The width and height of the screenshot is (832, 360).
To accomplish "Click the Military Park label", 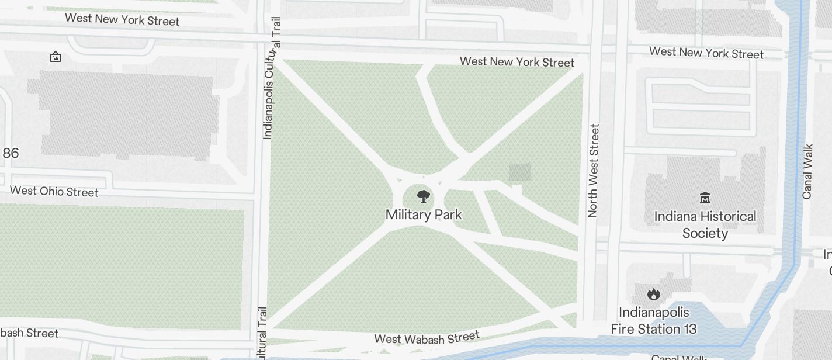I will (424, 215).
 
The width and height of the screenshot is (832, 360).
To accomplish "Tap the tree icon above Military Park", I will (424, 196).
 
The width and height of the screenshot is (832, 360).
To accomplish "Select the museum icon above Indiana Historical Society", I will (705, 198).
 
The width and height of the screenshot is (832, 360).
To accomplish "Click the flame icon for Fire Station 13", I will (653, 293).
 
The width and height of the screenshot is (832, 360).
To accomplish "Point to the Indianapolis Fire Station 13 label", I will (654, 321).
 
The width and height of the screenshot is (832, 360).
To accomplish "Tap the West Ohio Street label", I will (54, 191).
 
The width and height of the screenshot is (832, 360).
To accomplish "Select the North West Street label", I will (594, 171).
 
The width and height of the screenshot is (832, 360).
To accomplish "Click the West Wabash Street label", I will (427, 338).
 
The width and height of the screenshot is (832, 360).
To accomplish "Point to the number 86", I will (11, 153).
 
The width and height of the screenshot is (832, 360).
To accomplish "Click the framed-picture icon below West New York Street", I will (56, 57).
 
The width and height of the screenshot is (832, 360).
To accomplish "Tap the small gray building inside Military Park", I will (519, 172).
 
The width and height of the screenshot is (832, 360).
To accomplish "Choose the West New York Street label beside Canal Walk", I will (706, 53).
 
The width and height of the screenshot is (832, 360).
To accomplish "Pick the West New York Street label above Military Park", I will (516, 61).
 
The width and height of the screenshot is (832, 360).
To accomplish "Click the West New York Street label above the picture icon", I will (122, 19).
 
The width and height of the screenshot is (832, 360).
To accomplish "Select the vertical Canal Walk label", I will (807, 171).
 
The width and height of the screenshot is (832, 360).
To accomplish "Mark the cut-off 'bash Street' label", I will (29, 333).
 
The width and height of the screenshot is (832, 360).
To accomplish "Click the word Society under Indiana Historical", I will (705, 233).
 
